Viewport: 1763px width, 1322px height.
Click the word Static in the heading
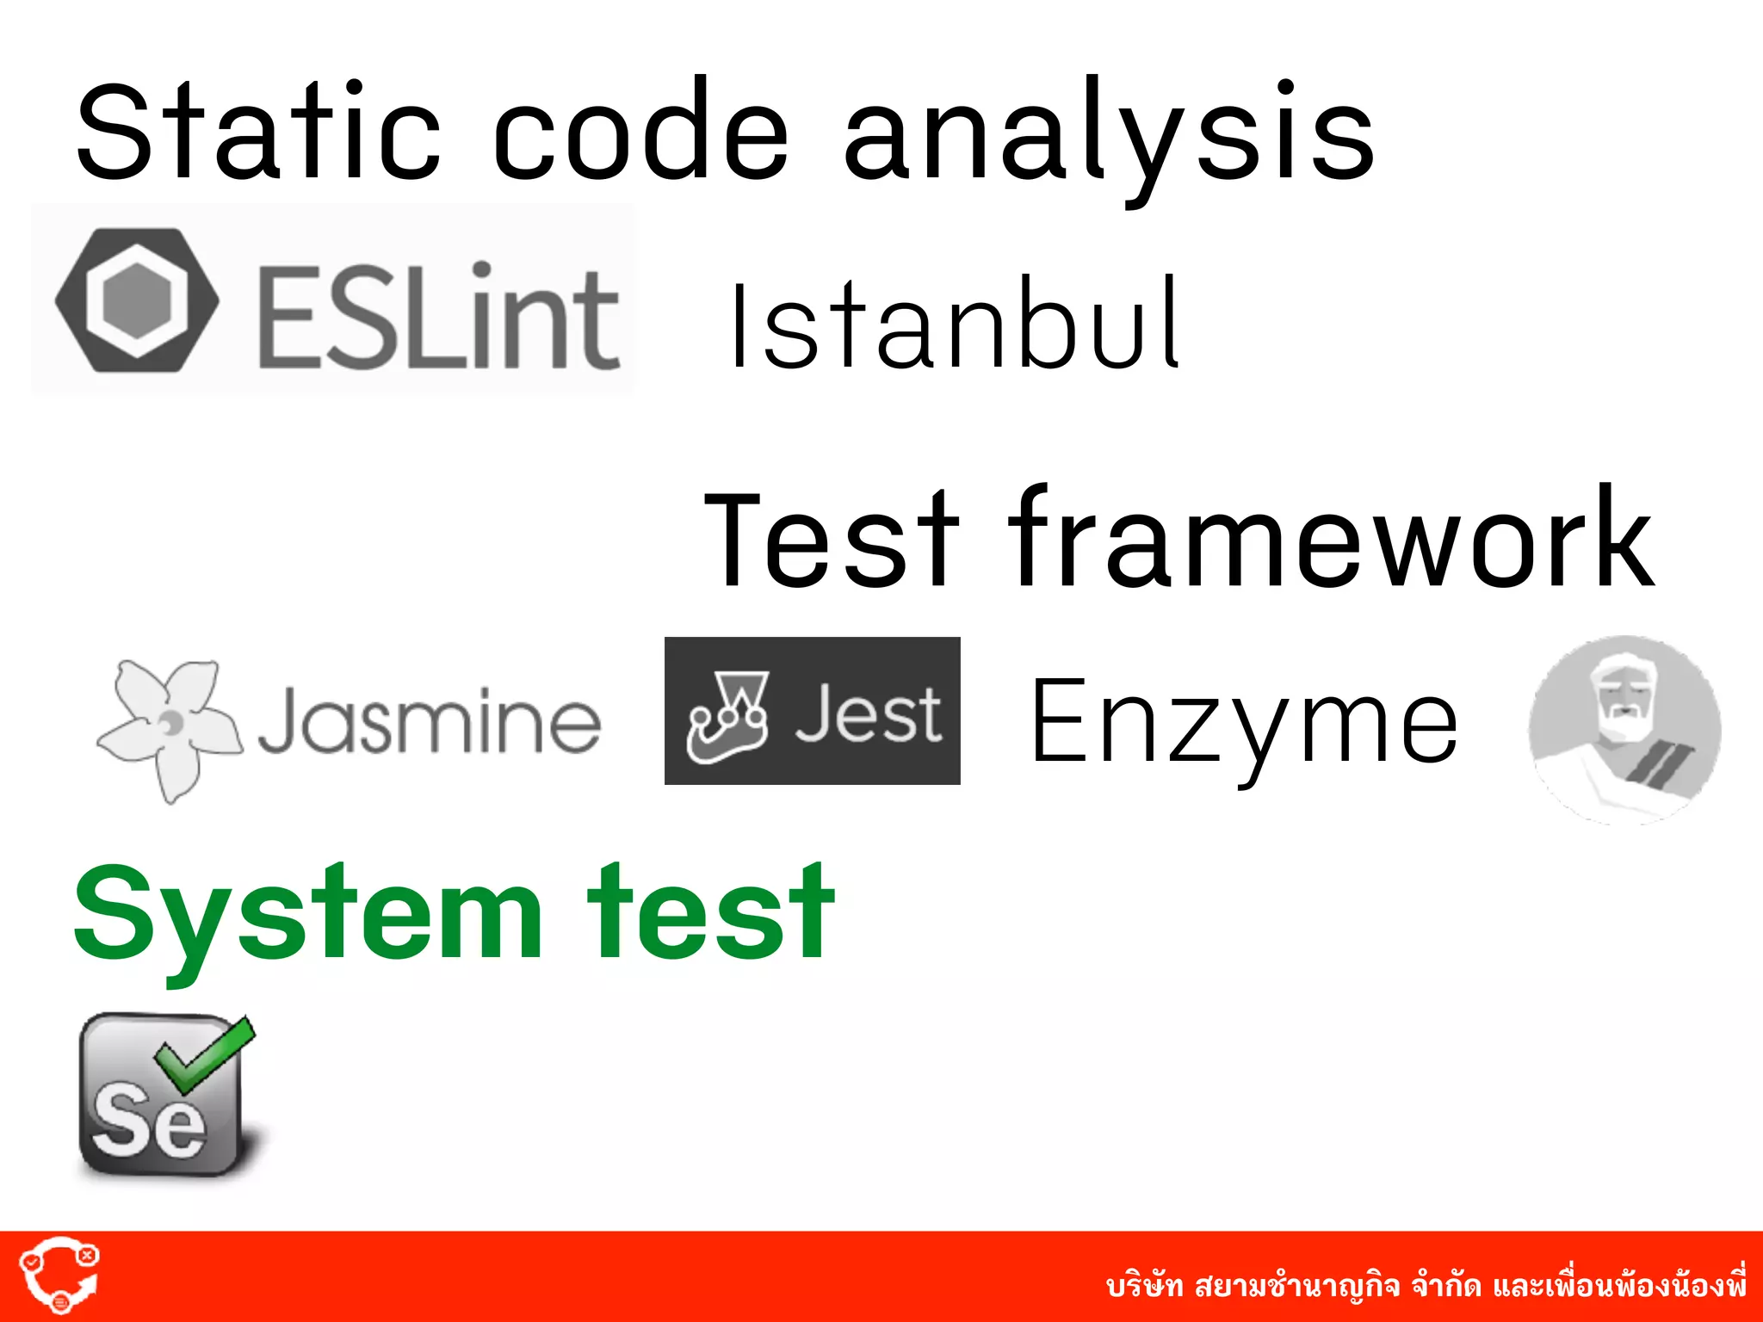click(258, 133)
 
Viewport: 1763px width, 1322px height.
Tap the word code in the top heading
click(641, 133)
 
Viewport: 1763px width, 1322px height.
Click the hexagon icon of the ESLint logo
click(137, 300)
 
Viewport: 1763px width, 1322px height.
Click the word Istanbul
click(956, 325)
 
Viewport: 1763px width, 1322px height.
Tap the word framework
click(1330, 538)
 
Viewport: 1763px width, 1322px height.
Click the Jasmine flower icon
click(168, 727)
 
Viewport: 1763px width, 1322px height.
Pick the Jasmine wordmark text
click(429, 721)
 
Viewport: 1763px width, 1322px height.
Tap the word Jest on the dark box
click(868, 714)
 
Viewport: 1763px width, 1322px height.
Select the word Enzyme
click(1244, 723)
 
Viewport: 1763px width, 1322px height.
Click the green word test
click(711, 912)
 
